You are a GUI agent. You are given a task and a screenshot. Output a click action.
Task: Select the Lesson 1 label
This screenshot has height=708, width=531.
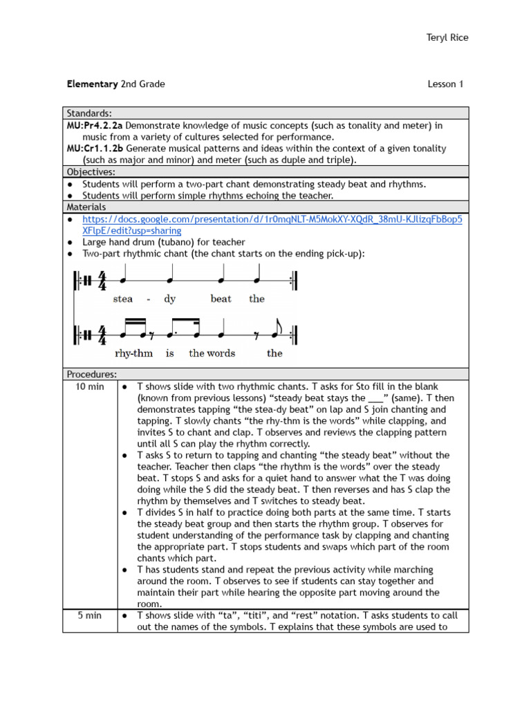pyautogui.click(x=445, y=84)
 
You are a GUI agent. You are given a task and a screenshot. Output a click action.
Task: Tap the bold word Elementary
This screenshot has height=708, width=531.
pyautogui.click(x=92, y=84)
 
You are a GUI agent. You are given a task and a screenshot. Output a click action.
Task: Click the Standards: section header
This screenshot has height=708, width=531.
pyautogui.click(x=89, y=113)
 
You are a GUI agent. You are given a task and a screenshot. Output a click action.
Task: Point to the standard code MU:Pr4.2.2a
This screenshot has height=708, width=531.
pyautogui.click(x=95, y=126)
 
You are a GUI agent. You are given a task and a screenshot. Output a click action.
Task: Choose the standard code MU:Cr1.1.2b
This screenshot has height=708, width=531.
pyautogui.click(x=95, y=149)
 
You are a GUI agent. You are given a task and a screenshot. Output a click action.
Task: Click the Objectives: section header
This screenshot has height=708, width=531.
pyautogui.click(x=91, y=171)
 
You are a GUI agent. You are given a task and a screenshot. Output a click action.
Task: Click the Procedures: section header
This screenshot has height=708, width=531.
pyautogui.click(x=92, y=374)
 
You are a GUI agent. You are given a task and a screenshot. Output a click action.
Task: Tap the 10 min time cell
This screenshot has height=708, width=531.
pyautogui.click(x=90, y=386)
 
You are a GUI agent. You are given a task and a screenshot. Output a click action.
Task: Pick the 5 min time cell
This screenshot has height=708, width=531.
pyautogui.click(x=90, y=615)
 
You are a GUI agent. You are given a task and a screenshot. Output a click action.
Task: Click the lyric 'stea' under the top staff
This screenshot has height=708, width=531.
pyautogui.click(x=123, y=299)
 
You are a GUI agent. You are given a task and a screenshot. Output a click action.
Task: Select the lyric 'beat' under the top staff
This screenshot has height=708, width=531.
pyautogui.click(x=221, y=299)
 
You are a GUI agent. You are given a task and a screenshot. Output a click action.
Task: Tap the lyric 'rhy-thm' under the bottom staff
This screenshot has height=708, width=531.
pyautogui.click(x=133, y=353)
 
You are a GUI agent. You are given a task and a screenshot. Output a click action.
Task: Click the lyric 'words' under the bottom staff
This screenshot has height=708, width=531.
pyautogui.click(x=221, y=353)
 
